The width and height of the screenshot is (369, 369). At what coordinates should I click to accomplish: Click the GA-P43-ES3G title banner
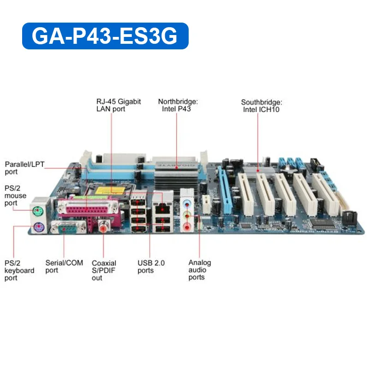pos(105,36)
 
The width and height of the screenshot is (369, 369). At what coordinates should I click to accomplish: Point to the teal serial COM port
pos(69,227)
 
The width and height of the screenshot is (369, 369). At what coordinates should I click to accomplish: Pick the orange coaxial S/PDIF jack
pos(103,227)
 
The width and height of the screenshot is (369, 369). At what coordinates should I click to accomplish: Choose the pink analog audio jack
pos(186,227)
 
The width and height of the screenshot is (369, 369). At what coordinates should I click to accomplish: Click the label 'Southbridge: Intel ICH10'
pos(261,106)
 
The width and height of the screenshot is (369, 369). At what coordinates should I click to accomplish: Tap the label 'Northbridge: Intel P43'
pos(178,105)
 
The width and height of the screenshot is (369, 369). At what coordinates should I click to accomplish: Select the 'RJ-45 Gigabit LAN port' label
pos(119,105)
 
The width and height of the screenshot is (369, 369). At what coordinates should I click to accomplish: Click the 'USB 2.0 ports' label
pos(151,267)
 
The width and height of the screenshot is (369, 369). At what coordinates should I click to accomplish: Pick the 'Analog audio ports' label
pos(200,270)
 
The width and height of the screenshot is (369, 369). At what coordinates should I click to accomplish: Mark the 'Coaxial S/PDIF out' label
pos(104,270)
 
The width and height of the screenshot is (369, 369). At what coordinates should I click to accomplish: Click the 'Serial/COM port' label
pos(64,267)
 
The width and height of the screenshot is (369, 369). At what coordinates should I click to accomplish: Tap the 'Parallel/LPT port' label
pos(24,168)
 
